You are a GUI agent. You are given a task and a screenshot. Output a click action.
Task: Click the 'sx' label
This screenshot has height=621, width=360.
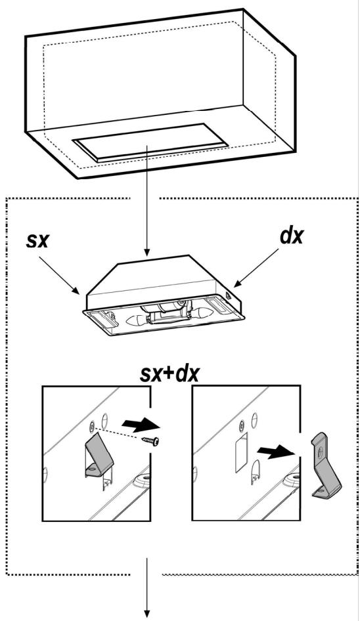[37, 240]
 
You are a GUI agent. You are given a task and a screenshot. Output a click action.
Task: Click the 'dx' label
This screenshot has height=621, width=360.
[292, 236]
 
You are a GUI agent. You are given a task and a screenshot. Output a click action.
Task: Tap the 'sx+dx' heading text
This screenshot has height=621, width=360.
[169, 374]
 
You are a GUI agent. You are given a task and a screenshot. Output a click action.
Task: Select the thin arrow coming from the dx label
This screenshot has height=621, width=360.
[256, 268]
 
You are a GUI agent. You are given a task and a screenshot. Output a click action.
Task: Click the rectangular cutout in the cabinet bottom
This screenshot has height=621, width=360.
[150, 141]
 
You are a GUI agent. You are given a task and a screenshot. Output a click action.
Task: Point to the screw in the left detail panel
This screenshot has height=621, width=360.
[152, 440]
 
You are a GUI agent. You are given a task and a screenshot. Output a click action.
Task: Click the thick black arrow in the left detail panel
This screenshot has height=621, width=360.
[141, 425]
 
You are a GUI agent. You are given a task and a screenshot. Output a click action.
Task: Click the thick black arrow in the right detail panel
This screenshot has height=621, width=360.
[276, 452]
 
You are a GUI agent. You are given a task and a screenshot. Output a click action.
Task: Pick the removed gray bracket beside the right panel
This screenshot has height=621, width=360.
[326, 465]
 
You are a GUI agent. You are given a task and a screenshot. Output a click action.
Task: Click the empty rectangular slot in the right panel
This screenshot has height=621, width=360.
[241, 452]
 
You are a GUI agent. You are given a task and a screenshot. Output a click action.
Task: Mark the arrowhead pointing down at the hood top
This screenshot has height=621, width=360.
[147, 252]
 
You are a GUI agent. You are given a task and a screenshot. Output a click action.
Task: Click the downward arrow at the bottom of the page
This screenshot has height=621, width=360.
[147, 588]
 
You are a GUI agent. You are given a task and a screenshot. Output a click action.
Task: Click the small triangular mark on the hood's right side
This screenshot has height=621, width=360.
[229, 295]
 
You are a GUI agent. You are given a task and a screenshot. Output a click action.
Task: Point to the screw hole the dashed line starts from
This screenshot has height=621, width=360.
[92, 426]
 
